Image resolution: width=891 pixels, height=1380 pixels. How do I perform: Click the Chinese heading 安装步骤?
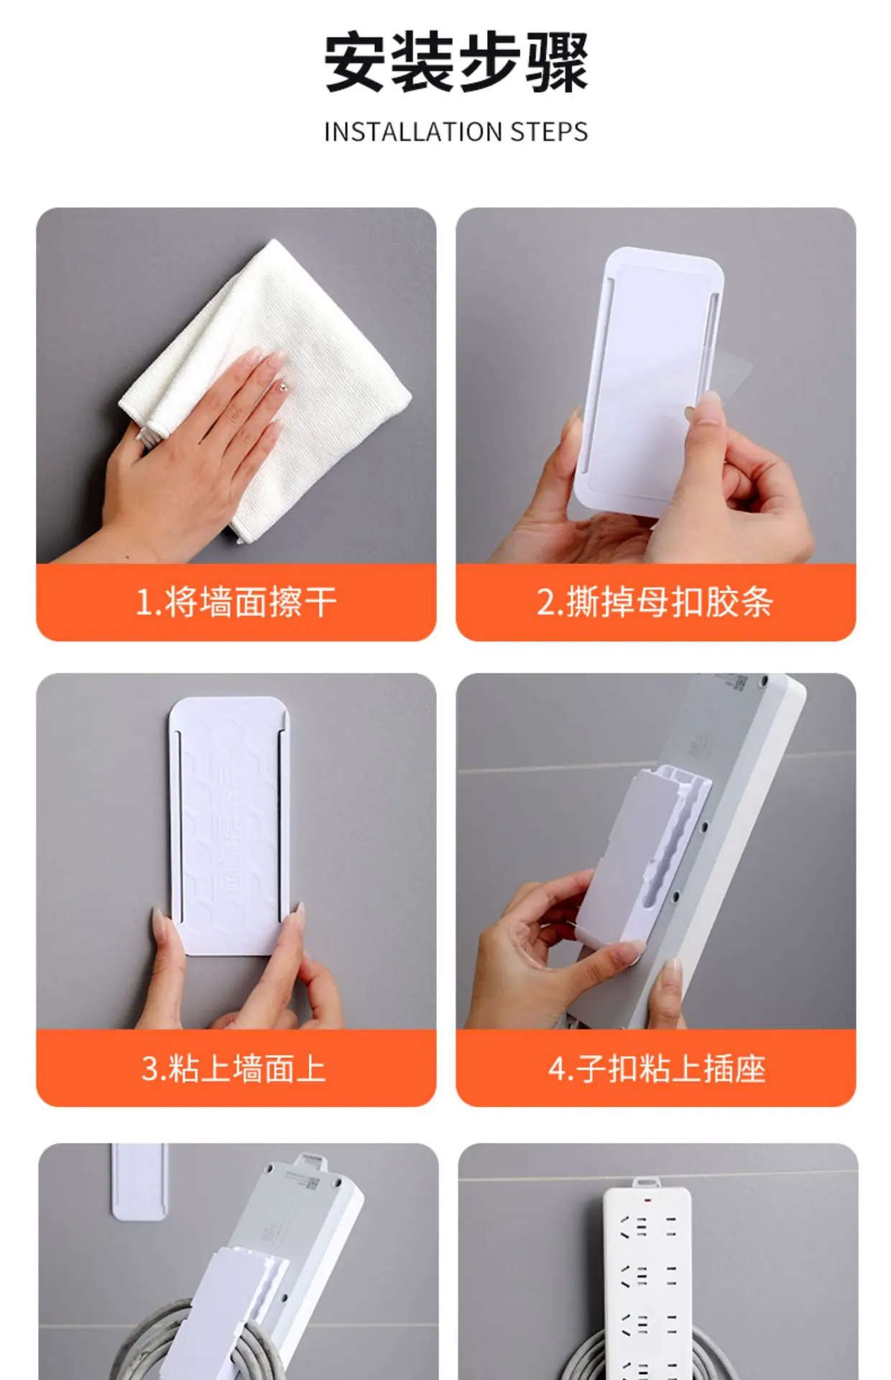tap(456, 63)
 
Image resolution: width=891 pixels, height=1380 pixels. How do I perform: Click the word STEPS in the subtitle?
tap(550, 132)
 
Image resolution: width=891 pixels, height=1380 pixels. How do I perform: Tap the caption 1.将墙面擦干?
tap(236, 602)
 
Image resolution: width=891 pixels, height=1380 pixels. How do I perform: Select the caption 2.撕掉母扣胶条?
tap(655, 602)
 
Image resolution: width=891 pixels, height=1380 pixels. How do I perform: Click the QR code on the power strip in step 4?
tap(739, 681)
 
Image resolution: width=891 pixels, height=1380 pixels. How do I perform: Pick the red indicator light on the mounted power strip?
tap(647, 1200)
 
